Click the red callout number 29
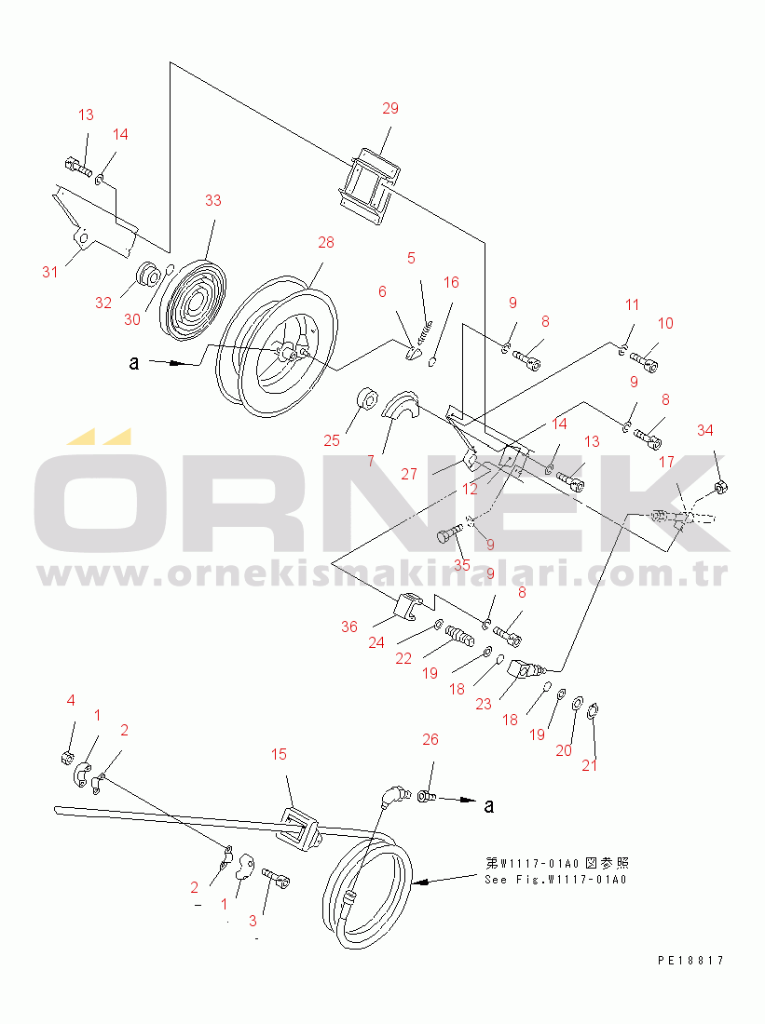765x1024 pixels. coord(390,108)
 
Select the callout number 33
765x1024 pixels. coord(213,200)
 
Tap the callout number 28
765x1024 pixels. coord(325,243)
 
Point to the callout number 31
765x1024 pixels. coord(50,273)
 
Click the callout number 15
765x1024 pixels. coord(279,755)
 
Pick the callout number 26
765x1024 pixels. coord(430,740)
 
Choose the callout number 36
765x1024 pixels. coord(349,627)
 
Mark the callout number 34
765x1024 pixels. coord(704,430)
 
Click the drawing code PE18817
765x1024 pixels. coord(691,961)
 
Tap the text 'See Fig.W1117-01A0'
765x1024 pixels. coord(555,880)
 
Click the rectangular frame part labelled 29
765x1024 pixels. coord(369,186)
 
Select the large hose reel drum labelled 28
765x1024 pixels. coord(278,346)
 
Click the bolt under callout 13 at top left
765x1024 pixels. coord(78,167)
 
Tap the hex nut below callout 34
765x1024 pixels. coord(721,487)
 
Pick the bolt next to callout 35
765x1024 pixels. coord(449,532)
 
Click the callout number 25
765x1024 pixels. coord(332,441)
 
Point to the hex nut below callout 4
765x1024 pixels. coord(65,759)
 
